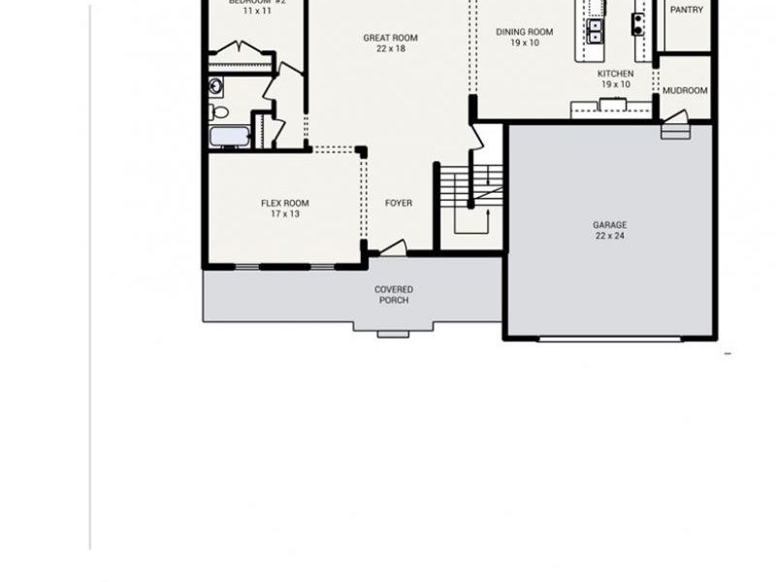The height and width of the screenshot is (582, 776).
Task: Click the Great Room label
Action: pyautogui.click(x=391, y=38)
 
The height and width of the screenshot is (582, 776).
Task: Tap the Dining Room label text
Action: pyautogui.click(x=524, y=32)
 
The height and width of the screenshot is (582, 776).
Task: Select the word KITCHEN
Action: pyautogui.click(x=615, y=74)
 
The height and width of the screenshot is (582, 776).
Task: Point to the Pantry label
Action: pyautogui.click(x=687, y=11)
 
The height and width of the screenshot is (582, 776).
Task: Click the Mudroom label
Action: pyautogui.click(x=685, y=91)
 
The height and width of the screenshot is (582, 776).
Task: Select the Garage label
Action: pyautogui.click(x=609, y=225)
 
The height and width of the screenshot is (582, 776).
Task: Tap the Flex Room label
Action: pyautogui.click(x=284, y=204)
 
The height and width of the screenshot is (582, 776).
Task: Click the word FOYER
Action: pyautogui.click(x=399, y=204)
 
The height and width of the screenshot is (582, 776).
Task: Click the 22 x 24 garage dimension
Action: pyautogui.click(x=609, y=236)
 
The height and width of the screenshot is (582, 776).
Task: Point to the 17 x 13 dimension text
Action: pyautogui.click(x=284, y=214)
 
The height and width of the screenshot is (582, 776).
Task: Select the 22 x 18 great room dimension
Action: pyautogui.click(x=391, y=48)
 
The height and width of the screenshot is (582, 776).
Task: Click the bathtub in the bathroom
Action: pyautogui.click(x=229, y=136)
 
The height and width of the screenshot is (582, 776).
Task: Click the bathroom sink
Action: pyautogui.click(x=216, y=86)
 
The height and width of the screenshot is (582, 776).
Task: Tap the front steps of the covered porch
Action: pyautogui.click(x=393, y=334)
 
